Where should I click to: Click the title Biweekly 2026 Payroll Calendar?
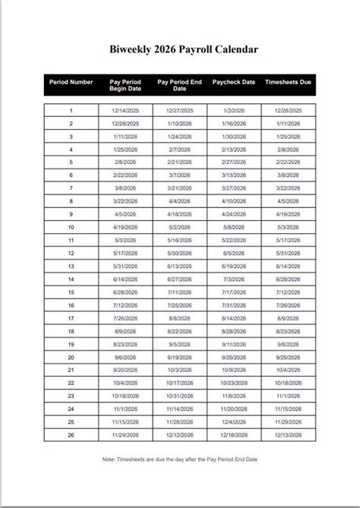[179, 49]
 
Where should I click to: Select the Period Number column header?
[71, 81]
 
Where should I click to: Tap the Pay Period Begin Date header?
[125, 85]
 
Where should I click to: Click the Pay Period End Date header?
[179, 85]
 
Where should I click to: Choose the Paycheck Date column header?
[234, 81]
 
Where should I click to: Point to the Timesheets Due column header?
[288, 81]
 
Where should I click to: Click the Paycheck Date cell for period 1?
[234, 110]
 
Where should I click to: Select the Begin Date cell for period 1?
[125, 110]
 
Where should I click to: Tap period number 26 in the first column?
[71, 434]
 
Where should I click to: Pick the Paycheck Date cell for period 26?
[234, 434]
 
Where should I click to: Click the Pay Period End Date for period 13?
[179, 266]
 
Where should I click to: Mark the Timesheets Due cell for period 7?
[288, 188]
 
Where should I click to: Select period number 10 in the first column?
[71, 227]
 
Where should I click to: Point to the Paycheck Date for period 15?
[234, 292]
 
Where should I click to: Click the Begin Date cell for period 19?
[125, 343]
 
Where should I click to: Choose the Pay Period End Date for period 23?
[179, 396]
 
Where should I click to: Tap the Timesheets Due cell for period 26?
[288, 434]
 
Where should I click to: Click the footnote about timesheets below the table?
[179, 459]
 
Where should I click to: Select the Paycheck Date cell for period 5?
[234, 162]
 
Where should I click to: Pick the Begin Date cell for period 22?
[125, 383]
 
